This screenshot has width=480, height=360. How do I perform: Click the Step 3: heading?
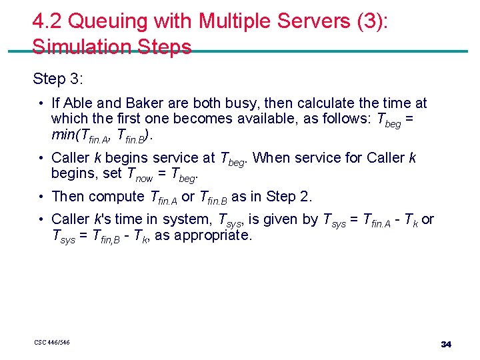click(x=58, y=79)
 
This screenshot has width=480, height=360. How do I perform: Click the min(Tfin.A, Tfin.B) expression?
click(x=107, y=135)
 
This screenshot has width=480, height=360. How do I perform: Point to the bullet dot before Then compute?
click(x=41, y=197)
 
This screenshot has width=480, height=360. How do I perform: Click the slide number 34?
click(x=446, y=344)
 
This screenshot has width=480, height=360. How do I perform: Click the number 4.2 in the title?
click(x=47, y=22)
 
